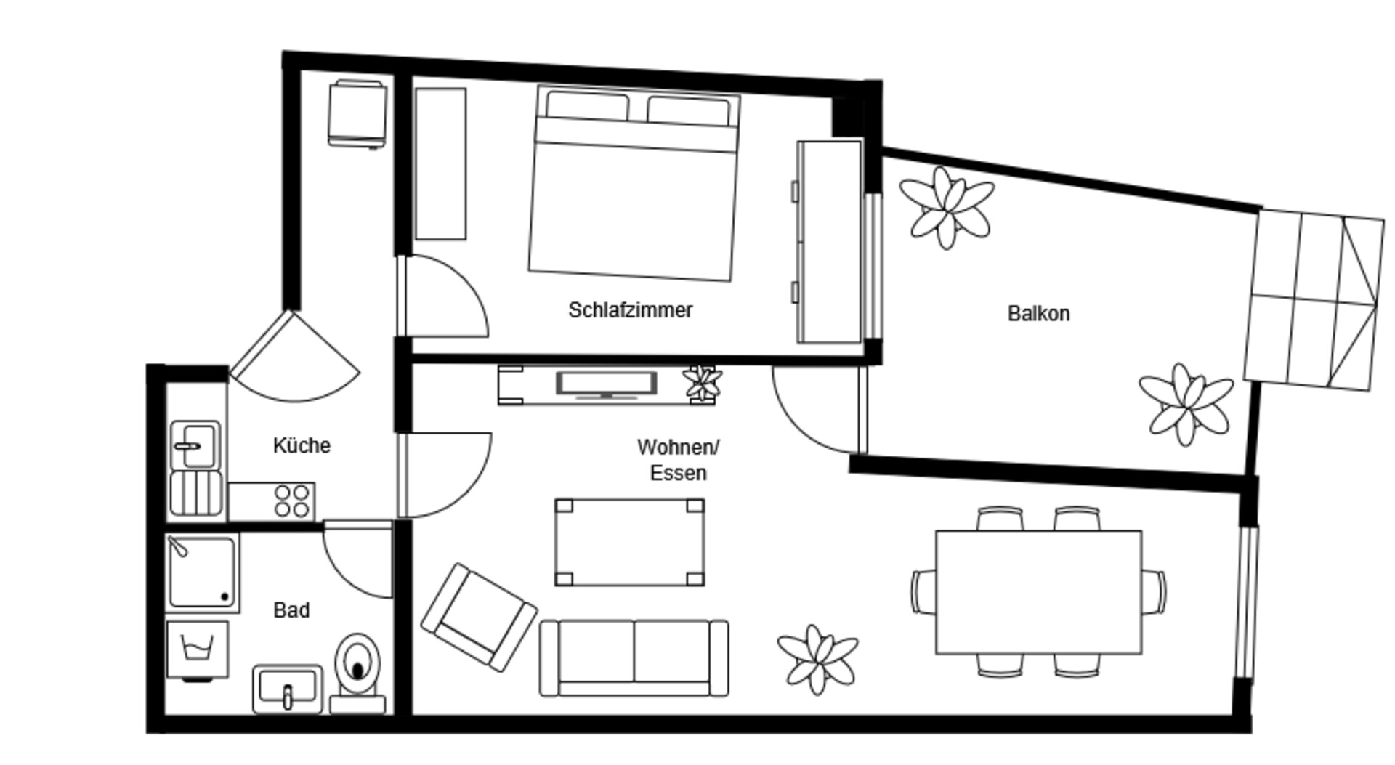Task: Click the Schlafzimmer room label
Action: [630, 310]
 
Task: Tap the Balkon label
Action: [1038, 313]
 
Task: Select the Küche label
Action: [302, 445]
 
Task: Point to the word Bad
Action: [291, 610]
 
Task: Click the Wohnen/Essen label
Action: [678, 460]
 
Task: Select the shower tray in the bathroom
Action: [202, 572]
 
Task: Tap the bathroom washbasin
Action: [287, 688]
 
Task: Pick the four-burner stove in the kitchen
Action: [272, 501]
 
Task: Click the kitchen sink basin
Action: [195, 445]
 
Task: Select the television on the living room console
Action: [607, 384]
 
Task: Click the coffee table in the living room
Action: [629, 542]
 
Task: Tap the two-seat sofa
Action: [634, 658]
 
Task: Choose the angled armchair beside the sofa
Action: [479, 617]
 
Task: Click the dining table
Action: [1038, 592]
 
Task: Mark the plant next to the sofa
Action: [818, 659]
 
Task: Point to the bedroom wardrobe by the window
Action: [830, 242]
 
